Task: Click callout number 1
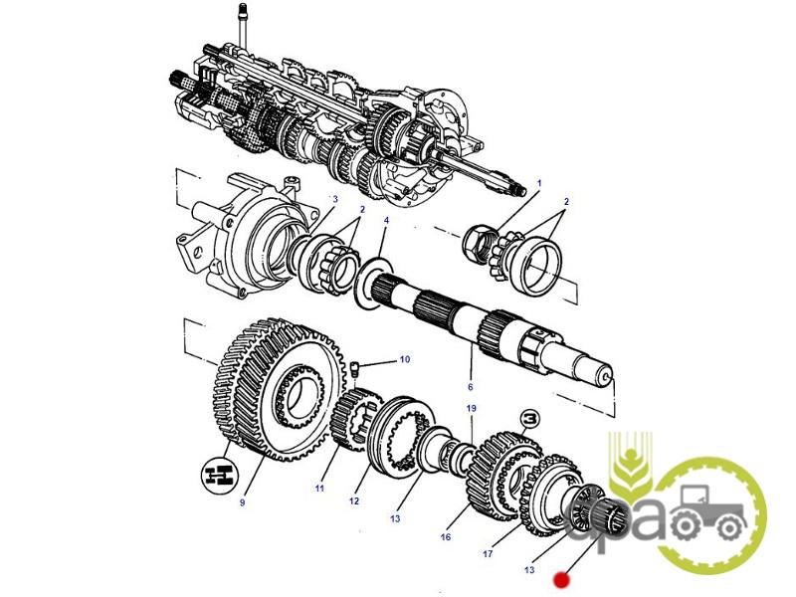tap(539, 183)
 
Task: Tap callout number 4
tap(386, 220)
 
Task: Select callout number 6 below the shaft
tap(471, 387)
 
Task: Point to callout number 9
tap(242, 502)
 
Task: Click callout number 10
tap(405, 359)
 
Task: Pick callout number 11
tap(318, 489)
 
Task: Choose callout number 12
tap(354, 501)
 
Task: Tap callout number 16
tap(445, 536)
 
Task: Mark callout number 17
tap(488, 553)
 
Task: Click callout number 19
tap(471, 408)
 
